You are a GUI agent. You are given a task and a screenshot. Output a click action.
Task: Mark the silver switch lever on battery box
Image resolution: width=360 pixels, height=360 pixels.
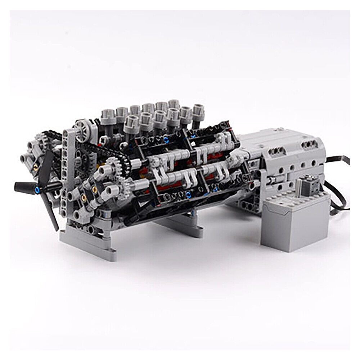pos(306,178)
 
